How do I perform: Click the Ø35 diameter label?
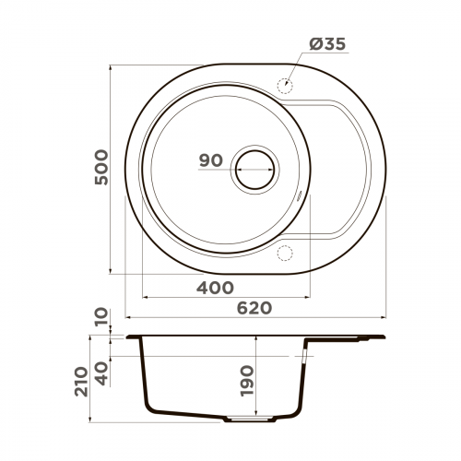(x=327, y=44)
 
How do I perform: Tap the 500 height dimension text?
(x=101, y=167)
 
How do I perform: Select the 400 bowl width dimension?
(x=215, y=288)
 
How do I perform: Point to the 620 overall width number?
(x=254, y=308)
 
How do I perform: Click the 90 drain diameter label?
(x=211, y=160)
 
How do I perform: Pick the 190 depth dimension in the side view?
(x=247, y=381)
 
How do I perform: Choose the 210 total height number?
(x=81, y=382)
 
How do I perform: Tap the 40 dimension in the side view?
(x=101, y=373)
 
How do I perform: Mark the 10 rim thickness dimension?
(x=101, y=316)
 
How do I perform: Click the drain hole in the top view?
(x=254, y=170)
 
